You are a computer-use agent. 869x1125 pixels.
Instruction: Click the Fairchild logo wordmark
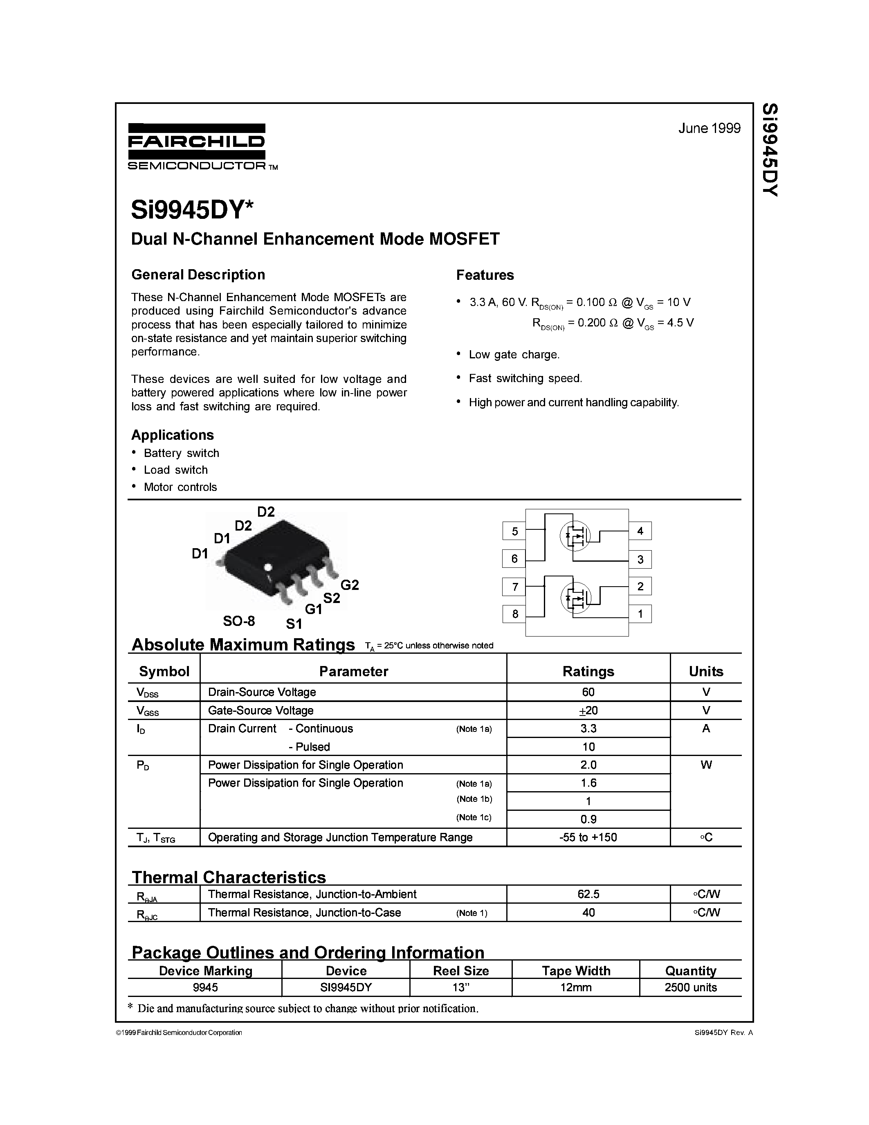pos(196,142)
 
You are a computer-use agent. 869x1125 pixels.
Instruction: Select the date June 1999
pos(709,128)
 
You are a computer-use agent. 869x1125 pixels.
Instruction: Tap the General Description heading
pos(198,274)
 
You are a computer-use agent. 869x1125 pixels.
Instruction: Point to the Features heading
pos(485,275)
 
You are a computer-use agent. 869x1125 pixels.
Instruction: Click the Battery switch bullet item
pos(181,453)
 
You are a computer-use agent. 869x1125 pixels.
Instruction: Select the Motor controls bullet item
pos(180,487)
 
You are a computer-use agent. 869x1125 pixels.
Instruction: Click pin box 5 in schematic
pos(514,531)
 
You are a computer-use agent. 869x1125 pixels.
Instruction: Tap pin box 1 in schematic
pos(640,614)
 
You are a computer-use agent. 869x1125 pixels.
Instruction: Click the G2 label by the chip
pos(350,585)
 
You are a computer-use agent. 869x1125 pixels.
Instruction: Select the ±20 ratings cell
pos(588,710)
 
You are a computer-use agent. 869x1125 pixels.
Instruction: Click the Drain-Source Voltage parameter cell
pos(262,692)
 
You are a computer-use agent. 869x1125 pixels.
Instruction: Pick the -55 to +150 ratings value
pos(588,837)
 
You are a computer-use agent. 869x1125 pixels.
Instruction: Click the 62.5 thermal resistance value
pos(588,894)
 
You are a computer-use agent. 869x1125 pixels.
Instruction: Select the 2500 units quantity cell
pos(690,987)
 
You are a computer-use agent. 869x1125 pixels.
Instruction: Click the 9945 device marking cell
pos(205,987)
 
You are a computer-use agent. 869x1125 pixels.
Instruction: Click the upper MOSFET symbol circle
pos(575,536)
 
